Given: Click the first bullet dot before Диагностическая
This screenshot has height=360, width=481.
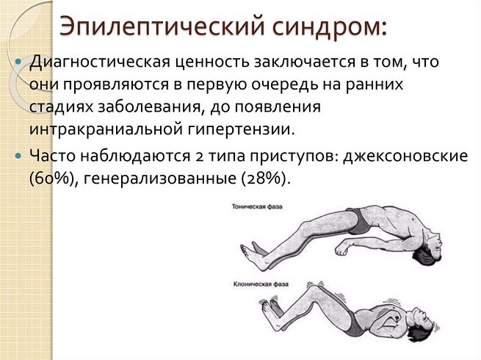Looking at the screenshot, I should pos(19,63).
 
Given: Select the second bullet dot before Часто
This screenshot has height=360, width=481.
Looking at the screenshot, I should pos(19,155).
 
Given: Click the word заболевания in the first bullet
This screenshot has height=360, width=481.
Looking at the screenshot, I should pos(169,107).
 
